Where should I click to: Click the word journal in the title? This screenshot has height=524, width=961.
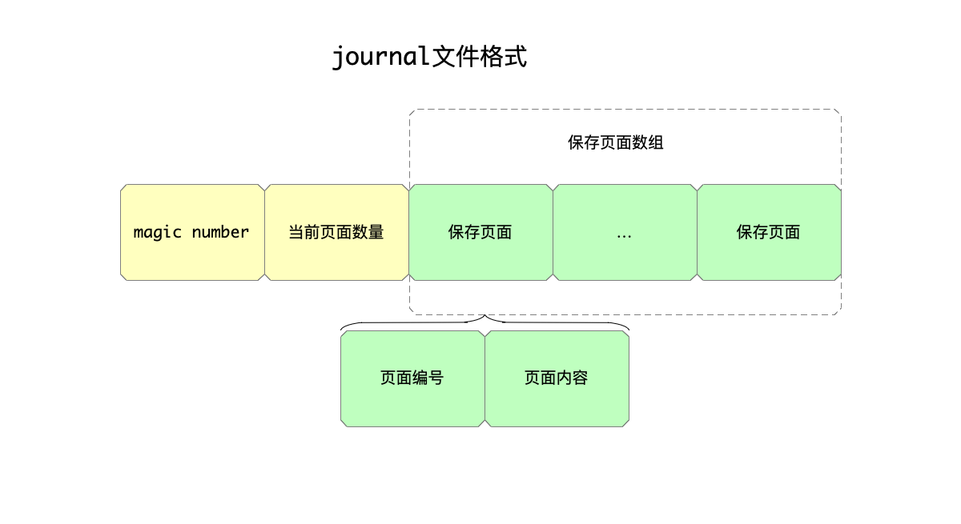coord(381,58)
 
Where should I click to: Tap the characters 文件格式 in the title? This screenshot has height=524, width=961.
coord(479,58)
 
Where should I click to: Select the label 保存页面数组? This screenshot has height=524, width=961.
coord(616,143)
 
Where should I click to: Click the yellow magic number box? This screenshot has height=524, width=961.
coord(192,232)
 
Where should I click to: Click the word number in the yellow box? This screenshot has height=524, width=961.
coord(220,232)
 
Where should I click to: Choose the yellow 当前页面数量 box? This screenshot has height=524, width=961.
coord(336,232)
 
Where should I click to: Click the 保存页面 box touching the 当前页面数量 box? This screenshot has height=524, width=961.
coord(480,232)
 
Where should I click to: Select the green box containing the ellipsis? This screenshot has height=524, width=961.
coord(625,232)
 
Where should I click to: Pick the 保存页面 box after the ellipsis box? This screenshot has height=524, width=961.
coord(769,232)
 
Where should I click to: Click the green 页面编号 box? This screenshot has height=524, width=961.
coord(412,378)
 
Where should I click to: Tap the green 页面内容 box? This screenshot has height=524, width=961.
coord(557,378)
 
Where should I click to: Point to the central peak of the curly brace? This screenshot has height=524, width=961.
coord(485,317)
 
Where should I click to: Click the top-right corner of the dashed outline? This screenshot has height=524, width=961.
coord(839,111)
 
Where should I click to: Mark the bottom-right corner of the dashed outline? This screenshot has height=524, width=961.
coord(839,313)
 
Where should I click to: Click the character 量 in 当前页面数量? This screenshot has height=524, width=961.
coord(376,233)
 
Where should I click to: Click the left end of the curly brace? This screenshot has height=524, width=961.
coord(342,329)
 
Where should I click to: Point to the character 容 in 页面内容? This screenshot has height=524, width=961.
coord(581,378)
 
